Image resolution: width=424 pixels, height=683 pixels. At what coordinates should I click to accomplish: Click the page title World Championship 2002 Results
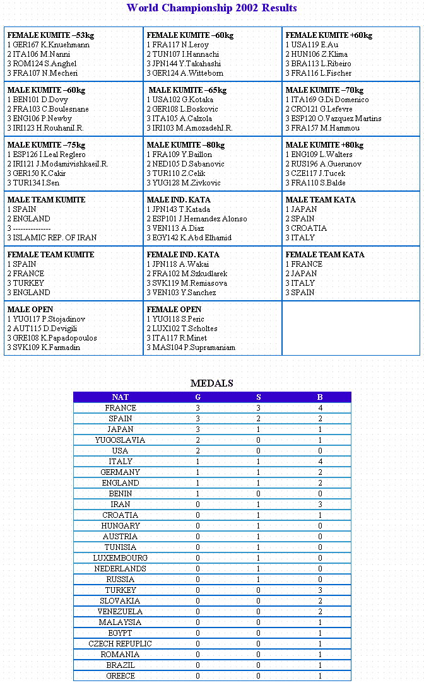211,8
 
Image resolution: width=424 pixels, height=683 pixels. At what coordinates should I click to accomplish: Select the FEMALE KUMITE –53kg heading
50,35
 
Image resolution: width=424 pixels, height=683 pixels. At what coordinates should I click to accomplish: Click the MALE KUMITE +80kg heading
324,145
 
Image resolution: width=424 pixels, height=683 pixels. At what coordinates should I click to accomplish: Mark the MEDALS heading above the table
212,383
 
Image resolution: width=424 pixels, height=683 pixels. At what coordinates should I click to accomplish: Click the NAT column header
120,397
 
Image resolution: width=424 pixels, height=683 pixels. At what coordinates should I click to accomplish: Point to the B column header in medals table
320,397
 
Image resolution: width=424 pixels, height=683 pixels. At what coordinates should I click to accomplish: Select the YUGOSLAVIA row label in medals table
120,440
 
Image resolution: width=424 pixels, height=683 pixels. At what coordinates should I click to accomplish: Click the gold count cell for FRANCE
197,408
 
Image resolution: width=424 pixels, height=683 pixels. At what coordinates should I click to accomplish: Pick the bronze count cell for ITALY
320,462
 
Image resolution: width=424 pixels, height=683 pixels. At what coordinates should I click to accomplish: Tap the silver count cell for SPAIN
259,419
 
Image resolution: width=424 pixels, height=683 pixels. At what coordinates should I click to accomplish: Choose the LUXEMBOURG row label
120,558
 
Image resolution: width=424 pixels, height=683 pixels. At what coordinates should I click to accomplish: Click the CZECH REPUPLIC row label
120,644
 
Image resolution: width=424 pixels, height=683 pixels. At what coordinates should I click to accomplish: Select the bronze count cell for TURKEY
320,590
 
